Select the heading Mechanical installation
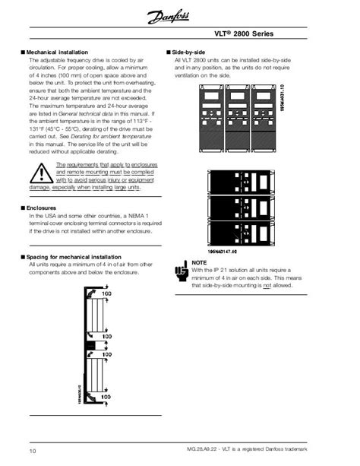coord(58,52)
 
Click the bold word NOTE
coord(199,262)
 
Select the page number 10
coord(33,452)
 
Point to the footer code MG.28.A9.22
coord(234,452)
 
